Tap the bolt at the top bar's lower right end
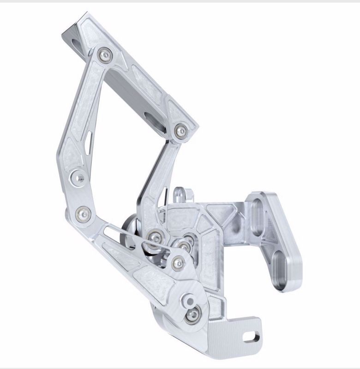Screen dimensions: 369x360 click(181, 131)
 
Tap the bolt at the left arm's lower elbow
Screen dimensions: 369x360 click(84, 213)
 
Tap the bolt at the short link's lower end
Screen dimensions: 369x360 click(153, 238)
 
